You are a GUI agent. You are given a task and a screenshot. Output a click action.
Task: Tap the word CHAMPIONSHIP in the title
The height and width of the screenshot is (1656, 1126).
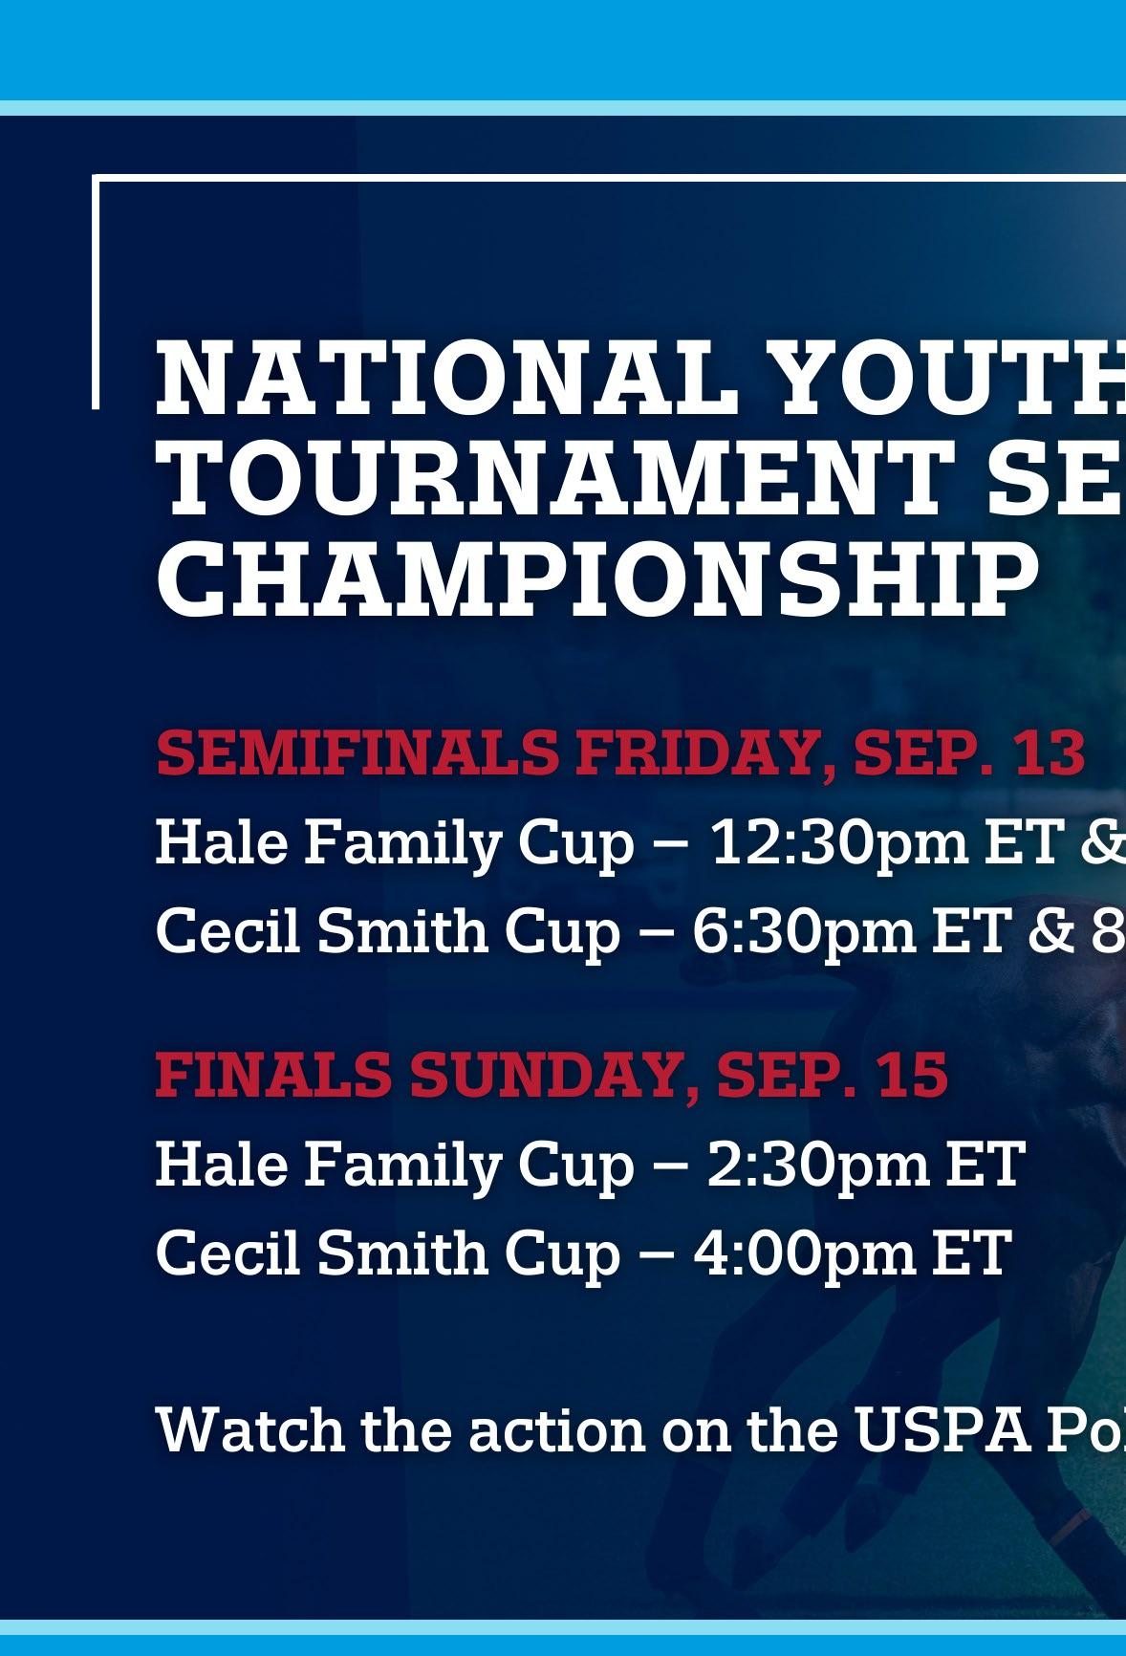pyautogui.click(x=596, y=579)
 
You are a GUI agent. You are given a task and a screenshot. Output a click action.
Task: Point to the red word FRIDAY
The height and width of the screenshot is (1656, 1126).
pyautogui.click(x=702, y=754)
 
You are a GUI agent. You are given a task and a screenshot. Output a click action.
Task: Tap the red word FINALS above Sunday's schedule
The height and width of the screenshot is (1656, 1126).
pyautogui.click(x=273, y=1074)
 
